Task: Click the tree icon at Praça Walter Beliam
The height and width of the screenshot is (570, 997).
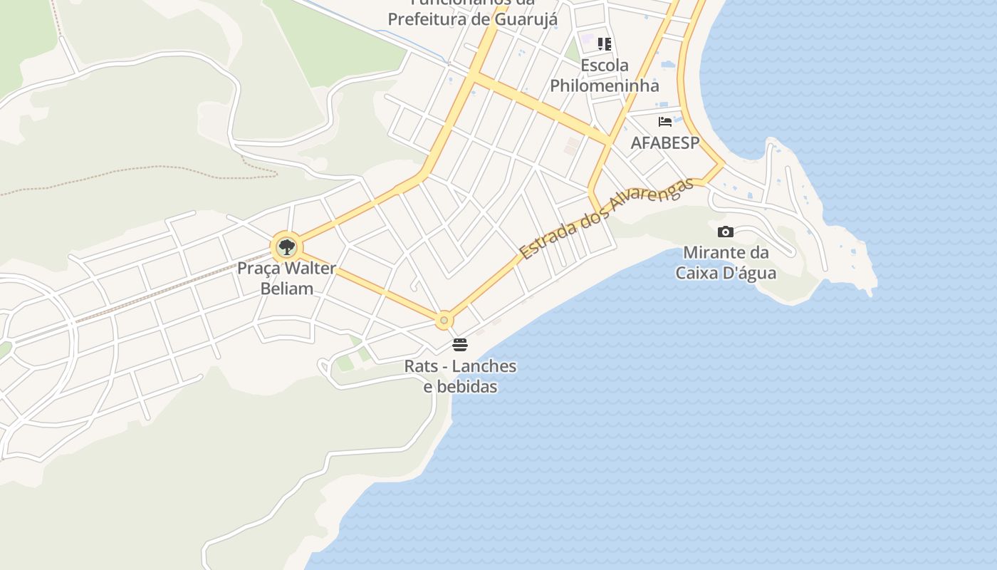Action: coord(286,247)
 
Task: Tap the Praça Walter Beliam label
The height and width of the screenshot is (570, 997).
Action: coord(286,279)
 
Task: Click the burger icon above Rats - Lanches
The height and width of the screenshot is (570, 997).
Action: coord(460,345)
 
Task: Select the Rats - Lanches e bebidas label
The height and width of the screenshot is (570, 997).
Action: coord(460,376)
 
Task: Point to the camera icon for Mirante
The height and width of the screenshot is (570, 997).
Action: coord(726,232)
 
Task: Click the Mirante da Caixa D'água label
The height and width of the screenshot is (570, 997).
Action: coord(726,262)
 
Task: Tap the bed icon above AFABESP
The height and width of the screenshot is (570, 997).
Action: coord(665,122)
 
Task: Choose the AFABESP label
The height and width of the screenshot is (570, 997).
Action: coord(665,142)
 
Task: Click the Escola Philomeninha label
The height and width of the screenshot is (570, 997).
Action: coord(605,76)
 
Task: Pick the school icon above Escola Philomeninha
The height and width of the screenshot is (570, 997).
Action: coord(605,44)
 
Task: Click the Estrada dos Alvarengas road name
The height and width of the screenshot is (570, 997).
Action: coord(606,219)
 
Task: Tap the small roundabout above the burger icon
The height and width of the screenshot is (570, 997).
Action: coord(444,321)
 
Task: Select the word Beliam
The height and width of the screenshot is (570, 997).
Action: coord(287,289)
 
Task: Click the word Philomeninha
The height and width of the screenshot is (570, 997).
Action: coord(605,85)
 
